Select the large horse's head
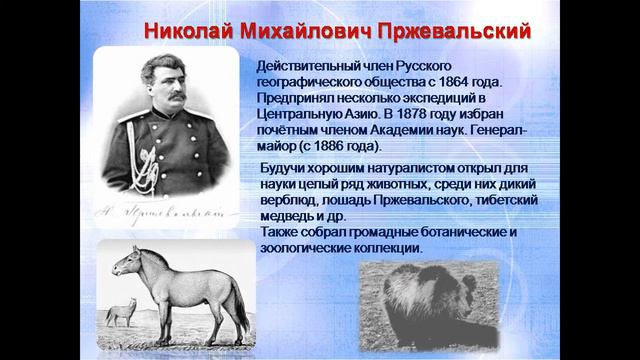pyautogui.click(x=127, y=262)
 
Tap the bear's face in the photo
pyautogui.click(x=405, y=300)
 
